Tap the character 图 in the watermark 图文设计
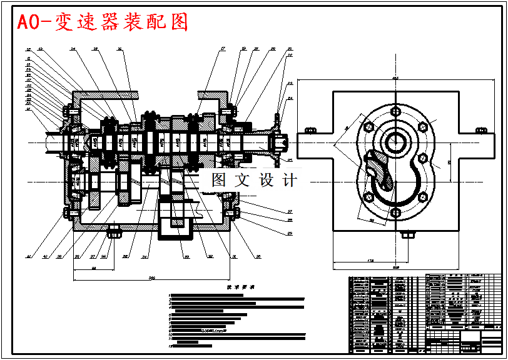point(219,181)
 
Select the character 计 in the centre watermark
point(290,181)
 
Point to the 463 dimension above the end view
point(395,78)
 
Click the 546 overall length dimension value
point(151,277)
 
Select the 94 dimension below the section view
point(93,268)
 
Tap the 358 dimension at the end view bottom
point(395,267)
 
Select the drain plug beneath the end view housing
point(407,235)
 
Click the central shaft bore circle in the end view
point(395,143)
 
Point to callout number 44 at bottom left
point(28,256)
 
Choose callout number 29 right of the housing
point(290,234)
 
